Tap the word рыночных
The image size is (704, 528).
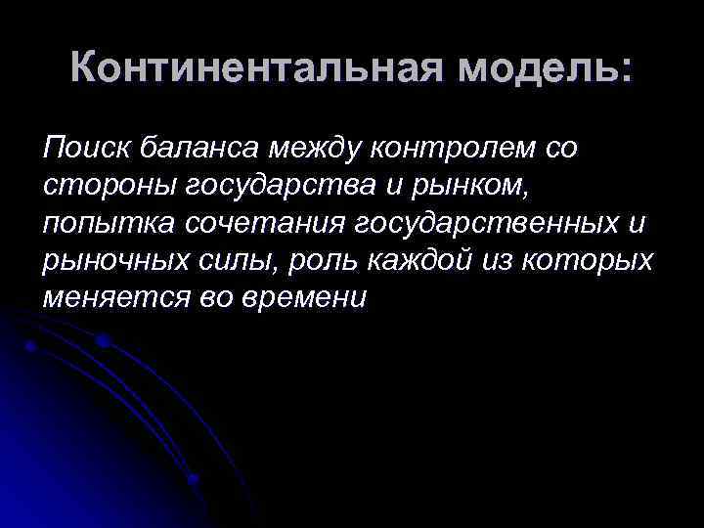(110, 261)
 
